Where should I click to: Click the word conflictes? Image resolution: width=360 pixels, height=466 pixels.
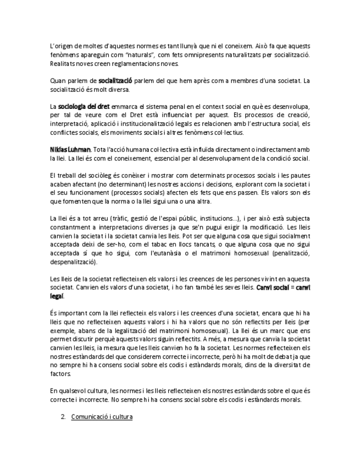point(64,132)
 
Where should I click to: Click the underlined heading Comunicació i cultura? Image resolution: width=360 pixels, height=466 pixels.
point(102,417)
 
